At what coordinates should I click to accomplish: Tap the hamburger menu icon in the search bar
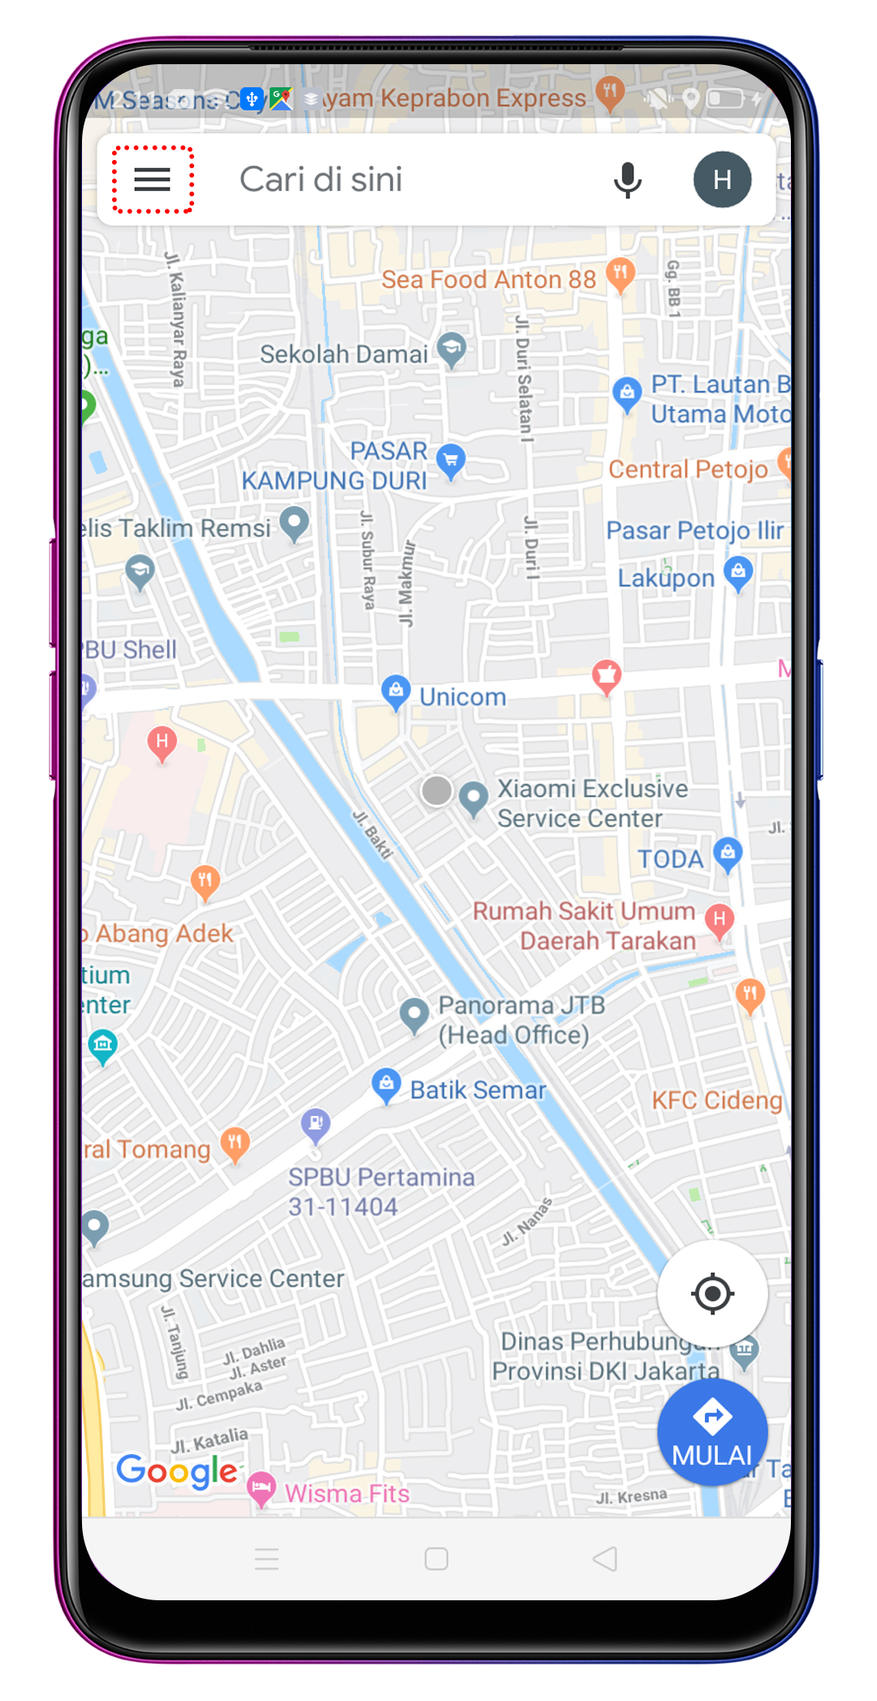152,180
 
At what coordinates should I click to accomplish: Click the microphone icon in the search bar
627,180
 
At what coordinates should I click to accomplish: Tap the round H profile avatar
722,180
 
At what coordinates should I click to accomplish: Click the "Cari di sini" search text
321,180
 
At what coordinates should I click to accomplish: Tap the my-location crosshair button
712,1293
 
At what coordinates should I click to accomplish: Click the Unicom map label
462,697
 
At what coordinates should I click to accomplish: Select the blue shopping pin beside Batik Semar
387,1084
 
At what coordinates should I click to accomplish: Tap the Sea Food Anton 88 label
489,279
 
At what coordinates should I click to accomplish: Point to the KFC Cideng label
717,1101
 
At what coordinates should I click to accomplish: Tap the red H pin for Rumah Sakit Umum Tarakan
719,920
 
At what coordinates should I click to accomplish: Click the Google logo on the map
177,1471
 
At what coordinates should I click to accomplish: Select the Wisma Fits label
347,1493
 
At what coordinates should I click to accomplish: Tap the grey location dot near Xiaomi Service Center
437,790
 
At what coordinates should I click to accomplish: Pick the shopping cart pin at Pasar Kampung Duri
451,460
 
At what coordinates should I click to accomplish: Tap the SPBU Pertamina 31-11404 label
381,1192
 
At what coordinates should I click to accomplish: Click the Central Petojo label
688,470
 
